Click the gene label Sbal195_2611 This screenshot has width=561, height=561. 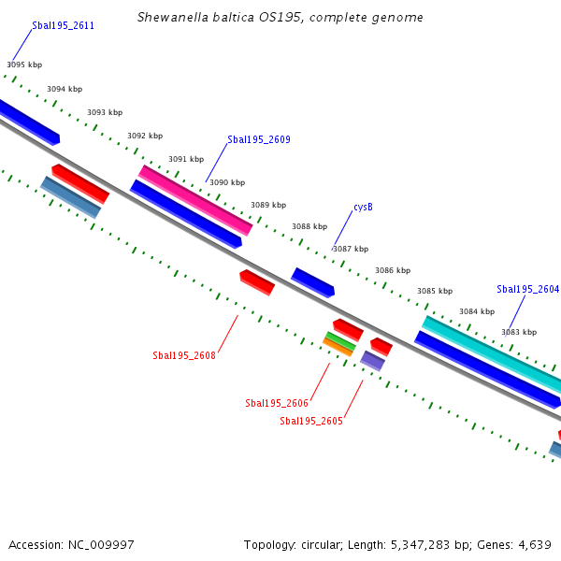[63, 26]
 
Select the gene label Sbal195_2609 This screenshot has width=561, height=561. [259, 139]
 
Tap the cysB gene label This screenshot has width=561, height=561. [363, 207]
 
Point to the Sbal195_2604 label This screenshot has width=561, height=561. [527, 289]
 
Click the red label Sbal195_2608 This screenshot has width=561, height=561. [184, 355]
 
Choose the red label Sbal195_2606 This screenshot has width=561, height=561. [277, 403]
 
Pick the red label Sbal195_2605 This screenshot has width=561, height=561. [311, 421]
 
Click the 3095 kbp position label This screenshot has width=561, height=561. [24, 65]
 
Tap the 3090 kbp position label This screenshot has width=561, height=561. [227, 182]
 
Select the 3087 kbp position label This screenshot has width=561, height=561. [351, 249]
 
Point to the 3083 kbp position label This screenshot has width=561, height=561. [519, 332]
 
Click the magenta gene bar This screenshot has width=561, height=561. [195, 200]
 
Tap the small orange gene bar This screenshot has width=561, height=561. [338, 347]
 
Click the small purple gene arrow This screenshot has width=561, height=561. [373, 360]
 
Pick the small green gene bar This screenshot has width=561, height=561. [340, 340]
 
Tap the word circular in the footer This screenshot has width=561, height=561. [321, 544]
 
